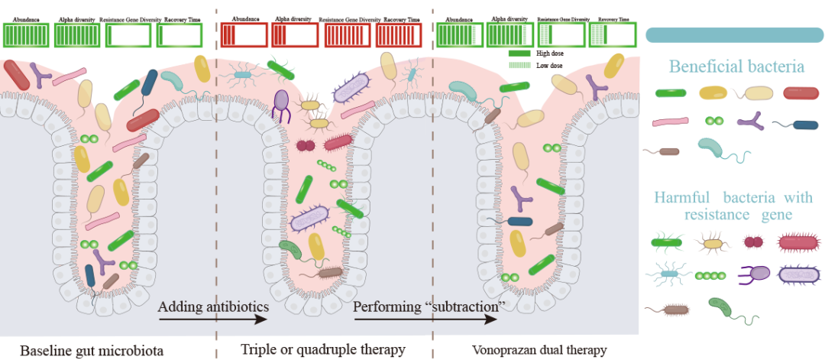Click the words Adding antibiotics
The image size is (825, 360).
[214, 307]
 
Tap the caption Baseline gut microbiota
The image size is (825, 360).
[92, 351]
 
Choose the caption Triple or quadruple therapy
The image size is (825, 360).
[322, 350]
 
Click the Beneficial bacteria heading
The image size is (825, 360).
[736, 67]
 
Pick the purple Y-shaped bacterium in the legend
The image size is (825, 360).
[750, 121]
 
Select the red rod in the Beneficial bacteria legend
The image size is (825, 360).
[801, 93]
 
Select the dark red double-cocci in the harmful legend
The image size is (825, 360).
[754, 242]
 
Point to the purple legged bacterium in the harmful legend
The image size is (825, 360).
[754, 274]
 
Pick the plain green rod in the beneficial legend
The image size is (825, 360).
[670, 93]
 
